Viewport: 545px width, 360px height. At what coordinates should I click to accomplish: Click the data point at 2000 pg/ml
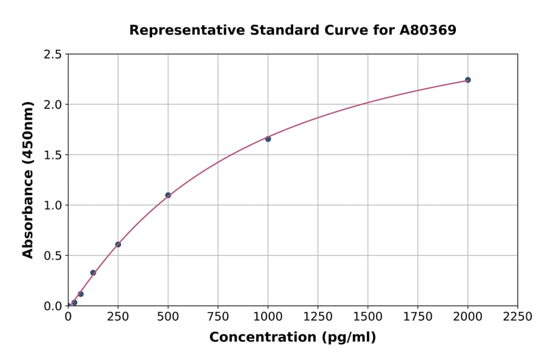pyautogui.click(x=467, y=80)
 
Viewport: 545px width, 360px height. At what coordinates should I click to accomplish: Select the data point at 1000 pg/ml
pyautogui.click(x=268, y=139)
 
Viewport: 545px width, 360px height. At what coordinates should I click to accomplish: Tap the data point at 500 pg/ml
pyautogui.click(x=168, y=195)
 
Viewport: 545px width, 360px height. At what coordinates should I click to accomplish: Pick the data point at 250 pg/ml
pyautogui.click(x=118, y=245)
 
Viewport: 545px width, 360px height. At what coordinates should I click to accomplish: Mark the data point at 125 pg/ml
pyautogui.click(x=93, y=273)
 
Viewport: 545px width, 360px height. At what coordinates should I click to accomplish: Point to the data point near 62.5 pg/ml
pyautogui.click(x=81, y=295)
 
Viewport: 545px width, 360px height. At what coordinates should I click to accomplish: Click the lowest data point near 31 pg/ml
pyautogui.click(x=74, y=302)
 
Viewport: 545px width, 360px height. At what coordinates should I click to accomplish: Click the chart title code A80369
pyautogui.click(x=429, y=30)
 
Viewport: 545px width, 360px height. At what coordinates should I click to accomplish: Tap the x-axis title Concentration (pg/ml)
pyautogui.click(x=292, y=338)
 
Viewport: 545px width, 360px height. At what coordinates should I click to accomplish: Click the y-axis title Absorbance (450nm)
pyautogui.click(x=28, y=179)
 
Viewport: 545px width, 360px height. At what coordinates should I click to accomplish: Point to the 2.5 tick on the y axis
pyautogui.click(x=53, y=55)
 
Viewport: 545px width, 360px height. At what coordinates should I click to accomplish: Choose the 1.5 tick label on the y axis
pyautogui.click(x=53, y=155)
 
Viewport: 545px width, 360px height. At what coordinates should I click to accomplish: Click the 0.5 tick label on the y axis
pyautogui.click(x=53, y=256)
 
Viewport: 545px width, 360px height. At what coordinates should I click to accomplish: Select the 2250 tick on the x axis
pyautogui.click(x=518, y=317)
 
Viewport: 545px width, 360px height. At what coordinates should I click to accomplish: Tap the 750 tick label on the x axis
pyautogui.click(x=218, y=317)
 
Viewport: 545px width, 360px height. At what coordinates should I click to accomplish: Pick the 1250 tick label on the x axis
pyautogui.click(x=318, y=317)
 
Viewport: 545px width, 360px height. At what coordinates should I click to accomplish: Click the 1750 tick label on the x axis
pyautogui.click(x=418, y=317)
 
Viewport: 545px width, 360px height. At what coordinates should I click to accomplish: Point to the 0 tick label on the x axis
pyautogui.click(x=68, y=317)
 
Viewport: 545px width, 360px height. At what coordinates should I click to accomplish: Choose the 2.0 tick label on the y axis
pyautogui.click(x=53, y=105)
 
